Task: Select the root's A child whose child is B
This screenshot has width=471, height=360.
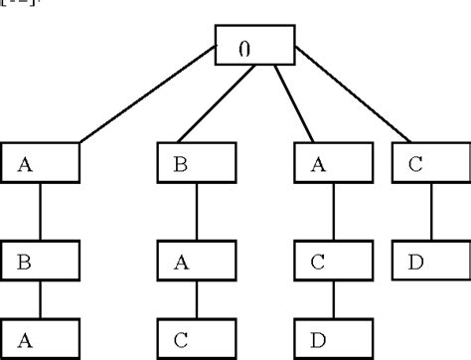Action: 39,165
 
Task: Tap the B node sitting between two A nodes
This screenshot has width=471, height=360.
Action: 39,265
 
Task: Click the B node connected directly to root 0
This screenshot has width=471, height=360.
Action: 196,165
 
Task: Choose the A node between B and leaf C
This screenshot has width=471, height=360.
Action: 196,265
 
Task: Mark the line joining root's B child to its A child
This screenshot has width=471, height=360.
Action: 196,214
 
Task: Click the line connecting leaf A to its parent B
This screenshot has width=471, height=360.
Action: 39,299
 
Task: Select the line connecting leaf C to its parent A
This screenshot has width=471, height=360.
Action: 196,299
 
